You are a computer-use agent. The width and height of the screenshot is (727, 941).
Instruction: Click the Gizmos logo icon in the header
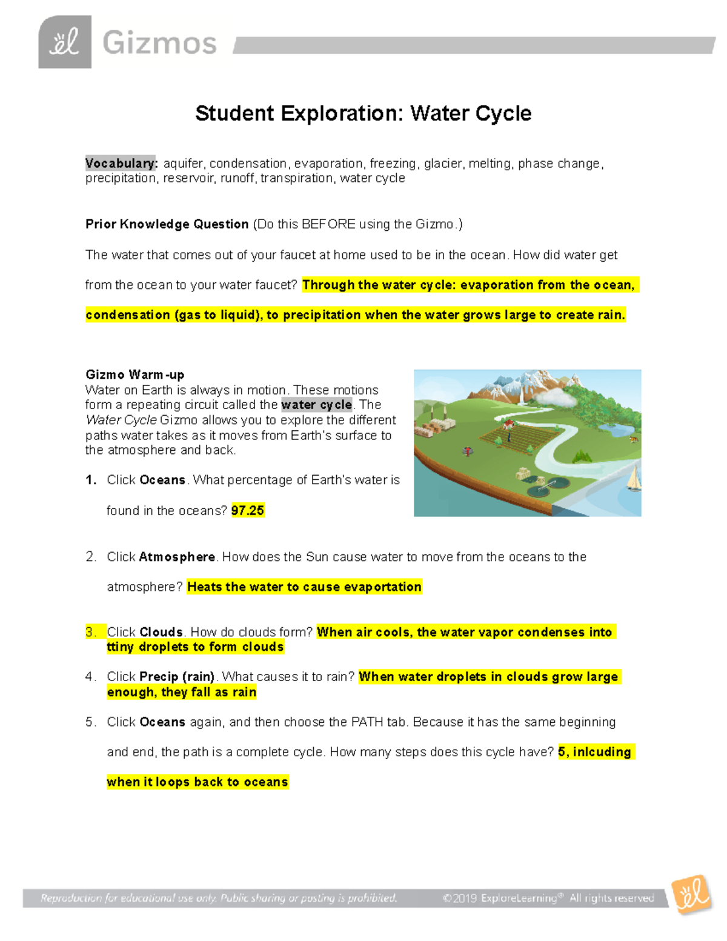click(65, 42)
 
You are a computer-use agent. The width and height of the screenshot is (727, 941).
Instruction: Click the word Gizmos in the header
click(159, 44)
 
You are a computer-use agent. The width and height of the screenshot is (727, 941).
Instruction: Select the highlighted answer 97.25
click(248, 511)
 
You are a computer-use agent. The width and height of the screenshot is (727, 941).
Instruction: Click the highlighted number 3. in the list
click(91, 632)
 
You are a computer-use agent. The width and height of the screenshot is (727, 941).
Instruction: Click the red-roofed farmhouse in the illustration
click(508, 424)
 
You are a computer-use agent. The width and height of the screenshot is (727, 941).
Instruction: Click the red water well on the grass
click(467, 451)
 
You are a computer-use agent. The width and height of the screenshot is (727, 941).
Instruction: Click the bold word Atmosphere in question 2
click(177, 557)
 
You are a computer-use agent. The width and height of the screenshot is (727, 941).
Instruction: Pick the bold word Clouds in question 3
click(161, 632)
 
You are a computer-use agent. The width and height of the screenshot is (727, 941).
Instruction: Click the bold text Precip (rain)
click(177, 677)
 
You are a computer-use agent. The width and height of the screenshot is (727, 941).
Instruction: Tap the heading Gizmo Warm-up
click(134, 374)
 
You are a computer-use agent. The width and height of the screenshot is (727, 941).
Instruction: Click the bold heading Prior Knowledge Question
click(167, 224)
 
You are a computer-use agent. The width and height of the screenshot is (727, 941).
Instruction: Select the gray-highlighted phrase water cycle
click(316, 405)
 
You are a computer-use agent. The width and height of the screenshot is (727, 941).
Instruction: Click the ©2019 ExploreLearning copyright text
click(548, 898)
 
